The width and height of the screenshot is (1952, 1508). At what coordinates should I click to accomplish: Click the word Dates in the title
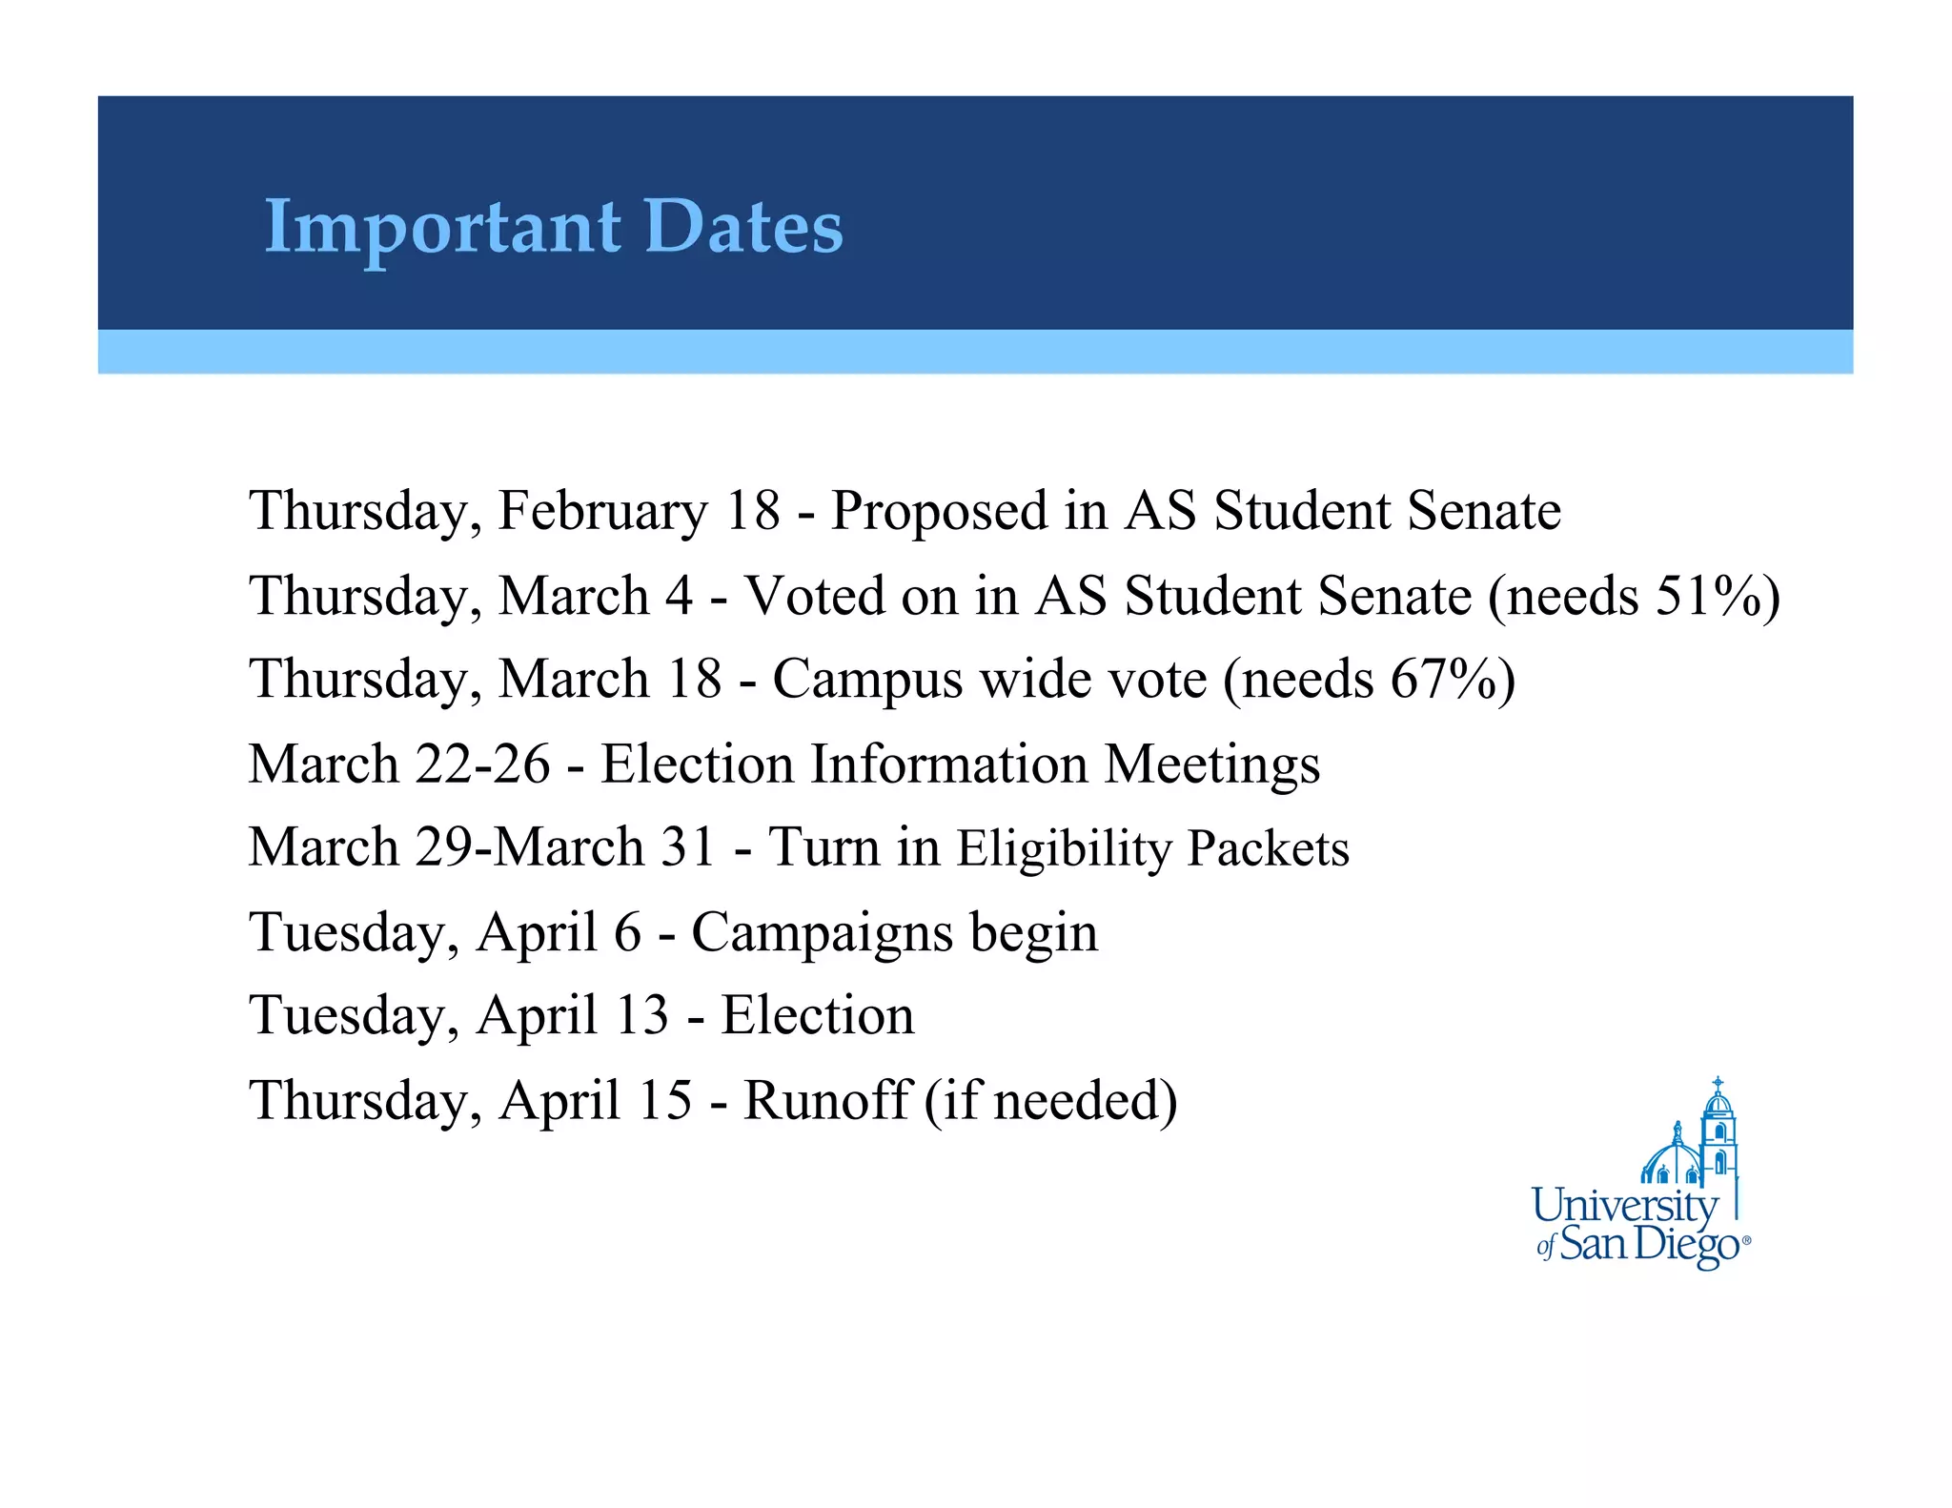click(743, 227)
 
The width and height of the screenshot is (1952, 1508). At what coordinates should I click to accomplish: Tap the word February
click(602, 511)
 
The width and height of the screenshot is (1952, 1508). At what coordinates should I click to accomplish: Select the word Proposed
click(939, 511)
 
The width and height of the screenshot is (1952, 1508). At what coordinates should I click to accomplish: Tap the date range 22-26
click(482, 764)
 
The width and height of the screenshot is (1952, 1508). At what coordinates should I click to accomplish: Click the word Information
click(948, 764)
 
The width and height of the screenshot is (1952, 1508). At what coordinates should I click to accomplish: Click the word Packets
click(1269, 848)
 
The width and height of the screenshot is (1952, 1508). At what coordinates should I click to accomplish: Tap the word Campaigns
click(822, 934)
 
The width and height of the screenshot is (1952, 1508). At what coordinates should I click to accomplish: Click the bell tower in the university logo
click(1718, 1134)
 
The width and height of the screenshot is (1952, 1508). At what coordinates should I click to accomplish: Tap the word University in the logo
click(1624, 1207)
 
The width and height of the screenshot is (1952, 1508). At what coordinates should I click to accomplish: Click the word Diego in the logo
click(1688, 1245)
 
